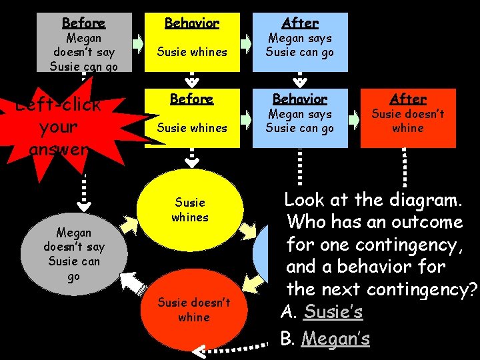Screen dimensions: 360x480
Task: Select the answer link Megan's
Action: tap(335, 339)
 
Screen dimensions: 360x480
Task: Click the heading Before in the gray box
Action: tap(83, 23)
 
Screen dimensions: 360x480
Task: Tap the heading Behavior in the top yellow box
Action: tap(192, 23)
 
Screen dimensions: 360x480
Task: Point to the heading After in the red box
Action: tap(408, 99)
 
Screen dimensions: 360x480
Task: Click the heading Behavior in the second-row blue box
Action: tap(300, 99)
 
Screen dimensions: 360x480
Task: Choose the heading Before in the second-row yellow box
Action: tap(192, 99)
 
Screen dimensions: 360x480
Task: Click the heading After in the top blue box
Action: tap(300, 23)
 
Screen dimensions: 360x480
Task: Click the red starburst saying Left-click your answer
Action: tap(57, 127)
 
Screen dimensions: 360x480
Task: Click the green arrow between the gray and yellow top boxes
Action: tap(138, 44)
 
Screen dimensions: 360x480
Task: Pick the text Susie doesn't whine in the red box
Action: tap(408, 121)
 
